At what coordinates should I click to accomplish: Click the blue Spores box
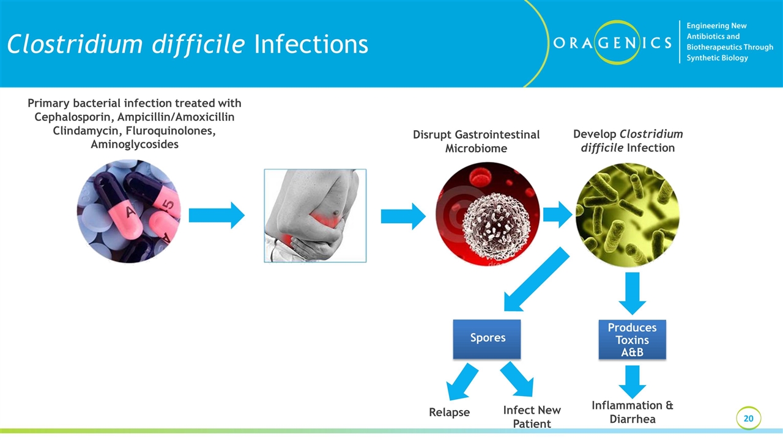pos(487,339)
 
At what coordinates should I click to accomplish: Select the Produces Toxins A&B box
pos(632,340)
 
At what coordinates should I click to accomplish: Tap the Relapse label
pos(449,413)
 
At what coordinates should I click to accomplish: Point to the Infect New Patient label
pos(532,417)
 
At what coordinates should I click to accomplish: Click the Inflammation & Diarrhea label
pos(633,412)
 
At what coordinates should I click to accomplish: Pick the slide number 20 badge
pos(748,418)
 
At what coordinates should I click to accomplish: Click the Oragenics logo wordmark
pos(612,42)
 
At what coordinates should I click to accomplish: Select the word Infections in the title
pos(311,44)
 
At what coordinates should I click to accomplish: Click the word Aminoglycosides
pos(135,144)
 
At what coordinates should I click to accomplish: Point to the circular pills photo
pos(129,211)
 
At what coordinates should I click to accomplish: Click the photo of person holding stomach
pos(315,216)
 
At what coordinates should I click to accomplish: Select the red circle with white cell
pos(488,214)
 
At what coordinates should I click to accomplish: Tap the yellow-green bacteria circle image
pos(627,215)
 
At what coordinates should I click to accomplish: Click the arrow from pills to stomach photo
pos(216,216)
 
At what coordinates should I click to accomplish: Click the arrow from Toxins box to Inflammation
pos(633,381)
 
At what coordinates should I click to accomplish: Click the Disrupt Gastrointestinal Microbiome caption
pos(476,141)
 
